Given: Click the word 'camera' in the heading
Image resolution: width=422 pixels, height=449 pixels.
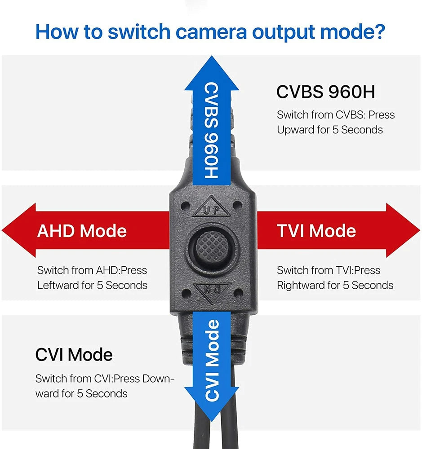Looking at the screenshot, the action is point(211,32).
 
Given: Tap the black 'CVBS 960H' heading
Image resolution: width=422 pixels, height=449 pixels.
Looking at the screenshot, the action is point(325,92).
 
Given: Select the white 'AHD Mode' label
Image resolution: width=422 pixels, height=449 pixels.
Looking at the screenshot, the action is point(82,231).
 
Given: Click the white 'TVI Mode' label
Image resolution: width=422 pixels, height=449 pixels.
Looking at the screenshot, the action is point(316,231).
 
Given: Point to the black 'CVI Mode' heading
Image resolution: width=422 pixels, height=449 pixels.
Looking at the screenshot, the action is point(74,355).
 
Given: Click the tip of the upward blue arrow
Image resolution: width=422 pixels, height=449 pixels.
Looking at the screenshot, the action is point(212,56).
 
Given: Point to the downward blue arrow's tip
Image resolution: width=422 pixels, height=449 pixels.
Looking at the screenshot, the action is point(212,421).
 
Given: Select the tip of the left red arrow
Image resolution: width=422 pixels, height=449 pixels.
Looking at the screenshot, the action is point(2,230).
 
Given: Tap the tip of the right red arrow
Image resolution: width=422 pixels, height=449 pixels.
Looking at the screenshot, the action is point(420,230).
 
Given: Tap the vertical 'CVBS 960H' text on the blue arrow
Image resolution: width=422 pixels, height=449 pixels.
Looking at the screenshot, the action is point(212,131).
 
